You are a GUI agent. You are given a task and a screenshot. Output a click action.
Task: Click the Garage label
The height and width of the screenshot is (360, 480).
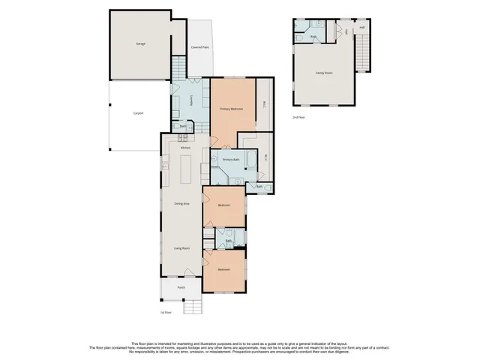pyautogui.click(x=140, y=43)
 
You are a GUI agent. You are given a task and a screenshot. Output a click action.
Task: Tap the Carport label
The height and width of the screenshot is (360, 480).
pyautogui.click(x=138, y=113)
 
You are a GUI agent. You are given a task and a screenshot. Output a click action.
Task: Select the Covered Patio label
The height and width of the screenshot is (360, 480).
pyautogui.click(x=199, y=46)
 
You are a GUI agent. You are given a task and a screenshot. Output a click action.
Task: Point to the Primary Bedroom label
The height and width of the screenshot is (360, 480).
pyautogui.click(x=231, y=109)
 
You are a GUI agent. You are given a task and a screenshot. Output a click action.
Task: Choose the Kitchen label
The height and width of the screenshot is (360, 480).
pyautogui.click(x=184, y=147)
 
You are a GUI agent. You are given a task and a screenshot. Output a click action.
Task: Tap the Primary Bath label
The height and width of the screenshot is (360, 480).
pyautogui.click(x=231, y=160)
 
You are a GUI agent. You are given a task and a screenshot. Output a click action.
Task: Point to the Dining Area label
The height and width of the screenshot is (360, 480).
pyautogui.click(x=181, y=204)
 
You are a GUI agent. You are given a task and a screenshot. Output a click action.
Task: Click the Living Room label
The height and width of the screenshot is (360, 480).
pyautogui.click(x=181, y=248)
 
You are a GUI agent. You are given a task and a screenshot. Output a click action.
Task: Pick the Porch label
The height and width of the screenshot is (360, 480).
pyautogui.click(x=181, y=287)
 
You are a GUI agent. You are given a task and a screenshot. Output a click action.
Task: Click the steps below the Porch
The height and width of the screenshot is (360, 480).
pyautogui.click(x=193, y=305)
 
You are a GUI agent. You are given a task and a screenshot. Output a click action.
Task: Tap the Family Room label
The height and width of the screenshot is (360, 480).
pyautogui.click(x=324, y=73)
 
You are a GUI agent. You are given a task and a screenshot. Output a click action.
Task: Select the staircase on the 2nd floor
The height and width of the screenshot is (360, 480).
pyautogui.click(x=364, y=54)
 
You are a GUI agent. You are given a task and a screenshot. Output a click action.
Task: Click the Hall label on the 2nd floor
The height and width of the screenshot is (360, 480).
pyautogui.click(x=361, y=28)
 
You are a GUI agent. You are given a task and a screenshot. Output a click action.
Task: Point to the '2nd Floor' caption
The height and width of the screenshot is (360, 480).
pyautogui.click(x=299, y=117)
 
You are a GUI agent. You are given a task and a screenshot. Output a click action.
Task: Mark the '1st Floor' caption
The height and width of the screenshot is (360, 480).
pyautogui.click(x=166, y=312)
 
